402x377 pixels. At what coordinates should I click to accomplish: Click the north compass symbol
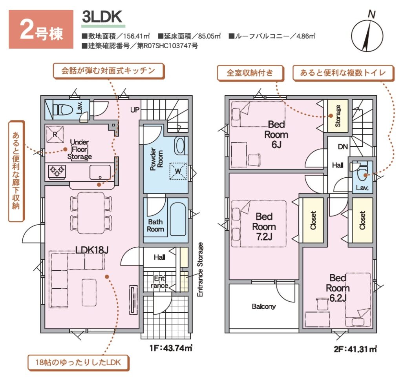[x=367, y=35]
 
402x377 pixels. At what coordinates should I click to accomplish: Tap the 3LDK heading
[x=102, y=17]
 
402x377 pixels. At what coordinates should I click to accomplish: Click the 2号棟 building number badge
[x=41, y=29]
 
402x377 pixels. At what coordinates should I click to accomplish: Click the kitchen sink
[x=100, y=172]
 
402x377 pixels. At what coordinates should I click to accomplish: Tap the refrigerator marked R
[x=55, y=134]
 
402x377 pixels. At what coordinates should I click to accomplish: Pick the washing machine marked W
[x=178, y=171]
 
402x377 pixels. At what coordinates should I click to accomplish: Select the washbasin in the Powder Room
[x=180, y=146]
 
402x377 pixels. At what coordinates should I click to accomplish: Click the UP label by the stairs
[x=135, y=110]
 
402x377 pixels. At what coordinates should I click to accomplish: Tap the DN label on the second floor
[x=343, y=147]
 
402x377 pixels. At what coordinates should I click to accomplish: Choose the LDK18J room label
[x=92, y=250]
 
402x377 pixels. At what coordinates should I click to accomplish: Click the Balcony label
[x=263, y=306]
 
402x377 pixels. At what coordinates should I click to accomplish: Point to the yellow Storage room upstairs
[x=338, y=116]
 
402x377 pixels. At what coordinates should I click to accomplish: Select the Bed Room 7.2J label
[x=264, y=227]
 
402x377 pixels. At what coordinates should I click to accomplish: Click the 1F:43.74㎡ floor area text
[x=171, y=348]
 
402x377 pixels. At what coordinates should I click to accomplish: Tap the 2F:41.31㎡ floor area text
[x=355, y=349]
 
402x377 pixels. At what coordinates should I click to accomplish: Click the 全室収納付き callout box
[x=250, y=73]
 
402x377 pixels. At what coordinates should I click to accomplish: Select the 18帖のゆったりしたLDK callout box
[x=78, y=362]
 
